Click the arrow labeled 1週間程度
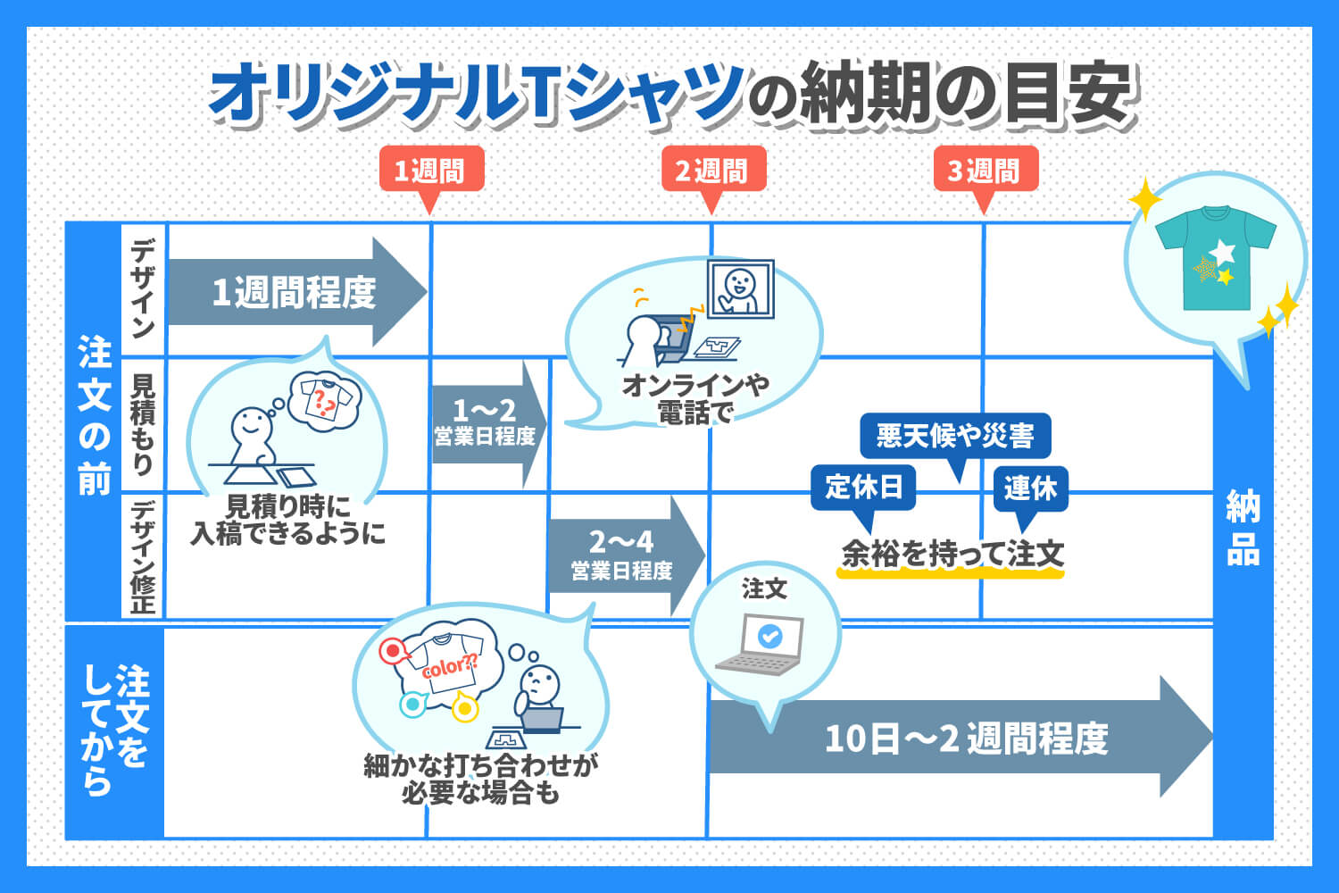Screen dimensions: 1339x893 pos(297,292)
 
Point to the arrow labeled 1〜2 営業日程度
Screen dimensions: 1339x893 pos(489,424)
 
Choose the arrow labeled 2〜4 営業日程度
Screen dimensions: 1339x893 pos(627,555)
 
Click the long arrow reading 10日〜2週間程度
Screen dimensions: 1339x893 pos(961,737)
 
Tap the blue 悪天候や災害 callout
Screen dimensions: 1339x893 pos(955,437)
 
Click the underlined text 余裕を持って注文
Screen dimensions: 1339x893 pos(952,555)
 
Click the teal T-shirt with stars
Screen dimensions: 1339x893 pos(1215,258)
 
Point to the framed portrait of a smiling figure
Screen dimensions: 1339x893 pos(741,289)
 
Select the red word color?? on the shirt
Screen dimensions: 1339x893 pos(450,665)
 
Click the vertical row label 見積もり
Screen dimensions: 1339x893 pos(143,424)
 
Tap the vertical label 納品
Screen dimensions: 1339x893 pos(1243,528)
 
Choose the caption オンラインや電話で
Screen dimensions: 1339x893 pos(695,399)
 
